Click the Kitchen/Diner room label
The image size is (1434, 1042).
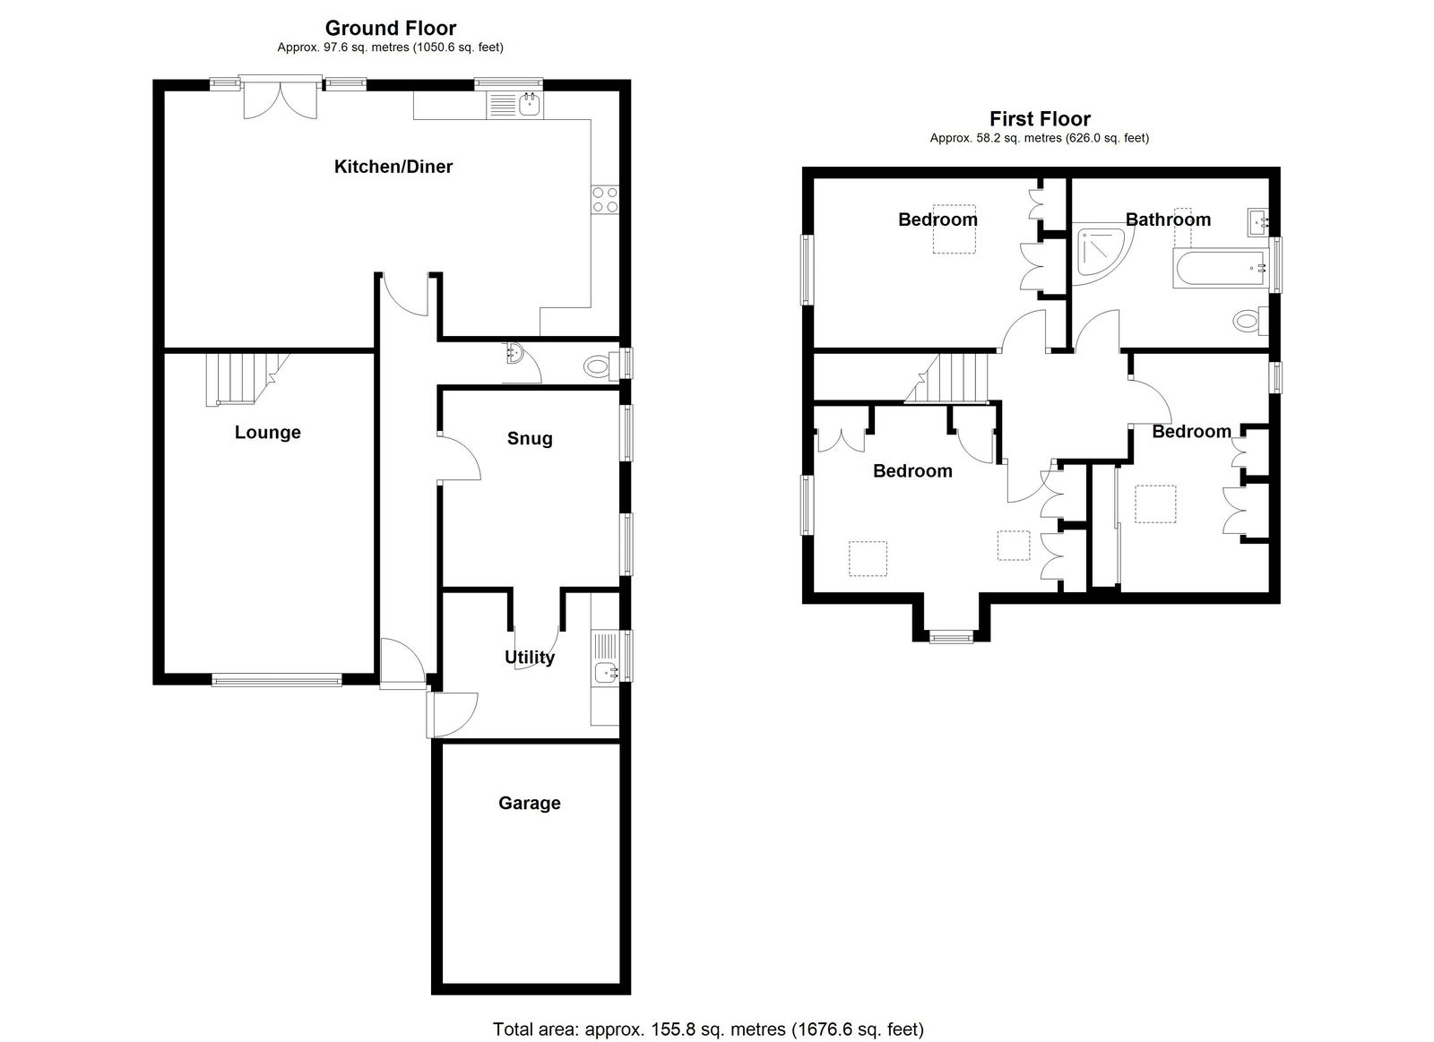coord(393,167)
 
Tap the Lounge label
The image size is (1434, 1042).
coord(268,432)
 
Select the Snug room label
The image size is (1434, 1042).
coord(530,438)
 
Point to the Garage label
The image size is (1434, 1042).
coord(530,803)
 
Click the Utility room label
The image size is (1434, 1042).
coord(530,657)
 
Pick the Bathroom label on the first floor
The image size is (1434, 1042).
coord(1168,220)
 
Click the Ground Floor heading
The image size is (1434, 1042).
coord(391,28)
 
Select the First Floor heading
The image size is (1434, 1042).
coord(1040,119)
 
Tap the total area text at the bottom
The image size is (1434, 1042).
coord(708,1029)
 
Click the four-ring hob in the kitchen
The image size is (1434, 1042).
coord(605,199)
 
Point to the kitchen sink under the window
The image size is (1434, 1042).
coord(514,105)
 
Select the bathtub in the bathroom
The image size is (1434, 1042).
coord(1221,268)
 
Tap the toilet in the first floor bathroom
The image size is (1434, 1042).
coord(1251,320)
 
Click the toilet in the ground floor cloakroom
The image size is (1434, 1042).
coord(601,366)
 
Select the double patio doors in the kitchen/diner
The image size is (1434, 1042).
coord(281,98)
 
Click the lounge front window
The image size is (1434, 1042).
coord(277,680)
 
